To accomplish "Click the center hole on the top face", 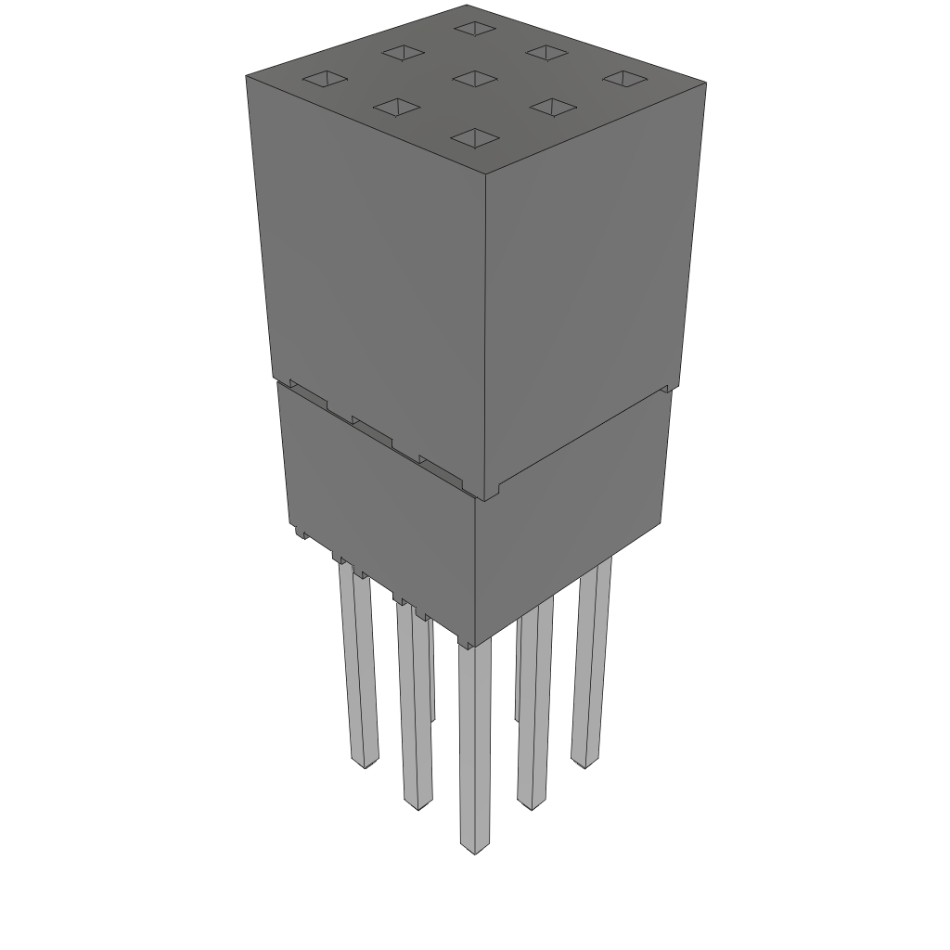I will (475, 78).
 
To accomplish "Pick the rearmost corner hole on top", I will (475, 28).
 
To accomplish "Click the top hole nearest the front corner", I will (474, 138).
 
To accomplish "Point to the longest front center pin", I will (475, 742).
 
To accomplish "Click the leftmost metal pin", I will (359, 668).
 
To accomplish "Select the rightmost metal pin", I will (590, 659).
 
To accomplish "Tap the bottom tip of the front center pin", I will (475, 848).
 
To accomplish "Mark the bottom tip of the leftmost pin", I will (366, 763).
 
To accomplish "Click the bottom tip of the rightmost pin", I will (582, 763).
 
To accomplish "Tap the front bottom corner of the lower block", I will (474, 645).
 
